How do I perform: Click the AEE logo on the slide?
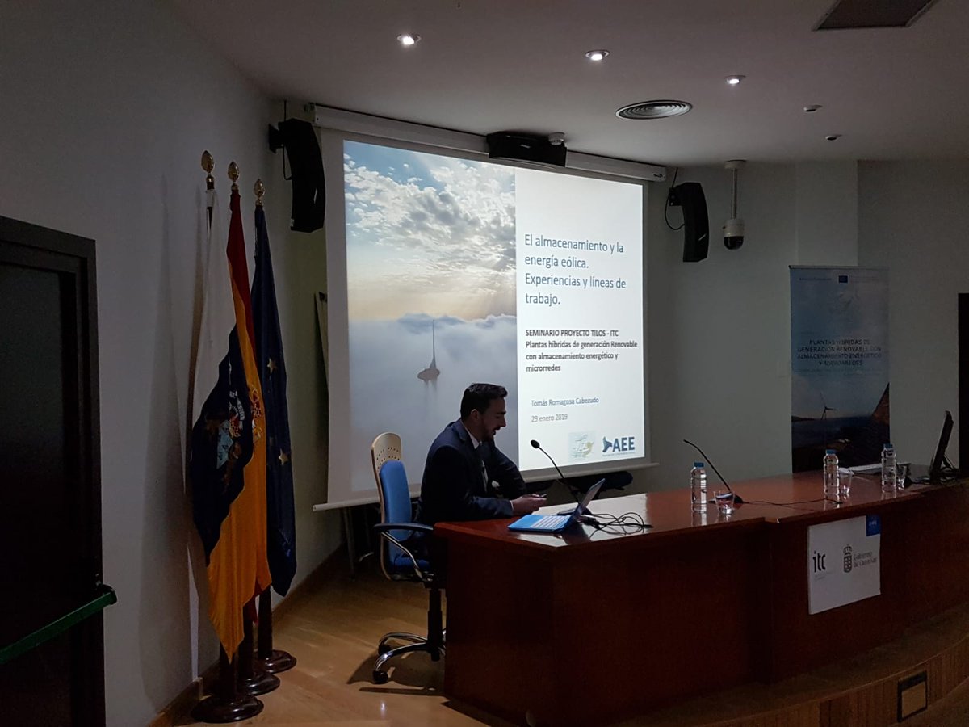coord(619,444)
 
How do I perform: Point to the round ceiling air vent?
coord(653,109)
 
